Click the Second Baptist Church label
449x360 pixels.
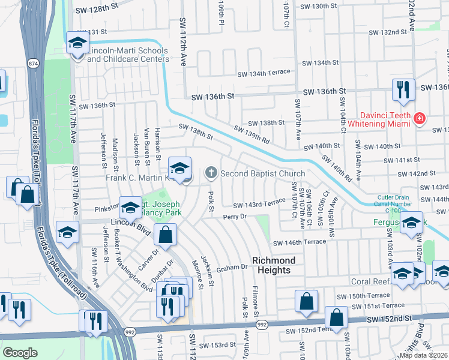(262, 173)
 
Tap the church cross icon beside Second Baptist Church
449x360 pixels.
(211, 173)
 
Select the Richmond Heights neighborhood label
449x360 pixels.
(274, 265)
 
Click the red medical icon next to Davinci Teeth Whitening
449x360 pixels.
(419, 120)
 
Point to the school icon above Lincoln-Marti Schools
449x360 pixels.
(77, 43)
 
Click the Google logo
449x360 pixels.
(20, 353)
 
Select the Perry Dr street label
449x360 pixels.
(235, 217)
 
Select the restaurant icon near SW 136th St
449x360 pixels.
(402, 90)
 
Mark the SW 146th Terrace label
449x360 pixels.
(300, 242)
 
